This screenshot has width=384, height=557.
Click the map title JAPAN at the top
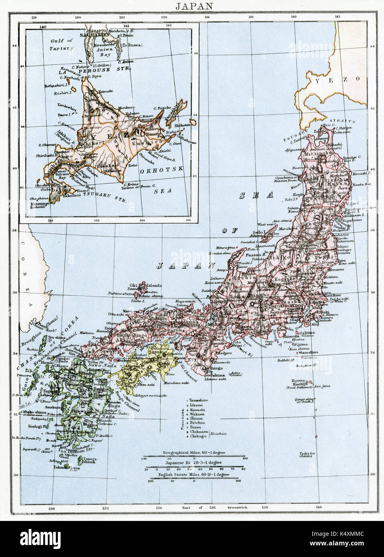tap(192, 5)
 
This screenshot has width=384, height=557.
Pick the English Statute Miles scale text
tap(194, 475)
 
